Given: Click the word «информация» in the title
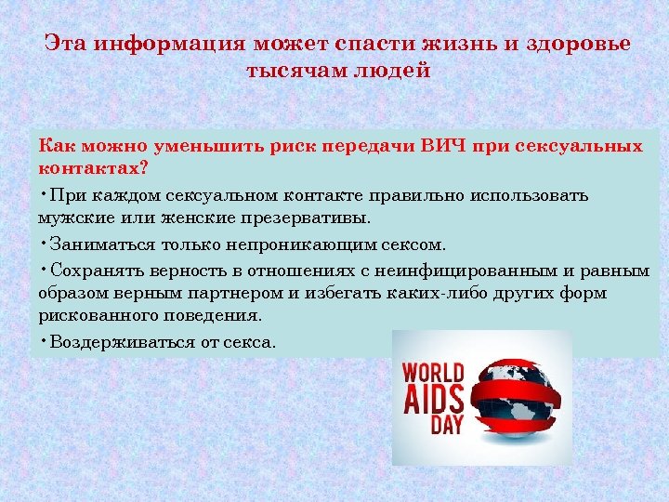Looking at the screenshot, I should [x=170, y=44].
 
